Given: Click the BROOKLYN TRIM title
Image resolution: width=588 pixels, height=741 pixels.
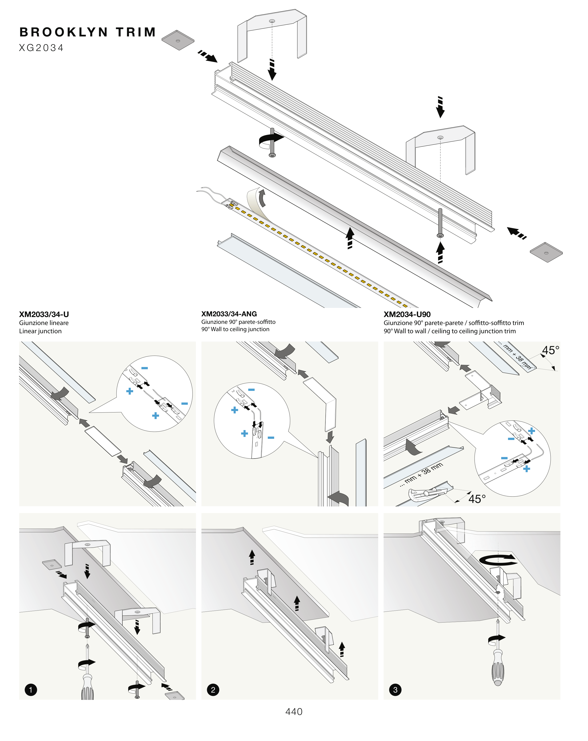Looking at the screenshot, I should click(88, 32).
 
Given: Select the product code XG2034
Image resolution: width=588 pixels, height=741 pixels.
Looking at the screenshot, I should click(41, 48).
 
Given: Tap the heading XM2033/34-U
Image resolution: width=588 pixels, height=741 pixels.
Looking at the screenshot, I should click(44, 314).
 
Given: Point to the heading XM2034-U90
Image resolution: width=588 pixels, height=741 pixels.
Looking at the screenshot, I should click(407, 314).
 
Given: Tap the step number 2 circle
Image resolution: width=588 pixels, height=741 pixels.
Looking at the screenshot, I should click(213, 690).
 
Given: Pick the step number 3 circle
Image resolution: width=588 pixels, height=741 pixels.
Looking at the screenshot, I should click(395, 690).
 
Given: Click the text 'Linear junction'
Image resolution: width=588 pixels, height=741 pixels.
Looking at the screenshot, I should click(40, 331).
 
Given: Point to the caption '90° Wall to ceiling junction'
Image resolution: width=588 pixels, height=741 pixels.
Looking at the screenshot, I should click(235, 329).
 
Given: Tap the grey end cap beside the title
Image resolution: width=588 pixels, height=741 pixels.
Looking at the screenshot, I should click(178, 40).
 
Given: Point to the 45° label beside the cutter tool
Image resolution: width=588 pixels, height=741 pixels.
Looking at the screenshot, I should click(477, 499).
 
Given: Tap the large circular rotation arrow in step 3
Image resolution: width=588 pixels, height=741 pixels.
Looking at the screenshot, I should click(497, 560).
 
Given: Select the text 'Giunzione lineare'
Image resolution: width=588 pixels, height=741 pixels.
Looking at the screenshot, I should click(44, 323).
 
